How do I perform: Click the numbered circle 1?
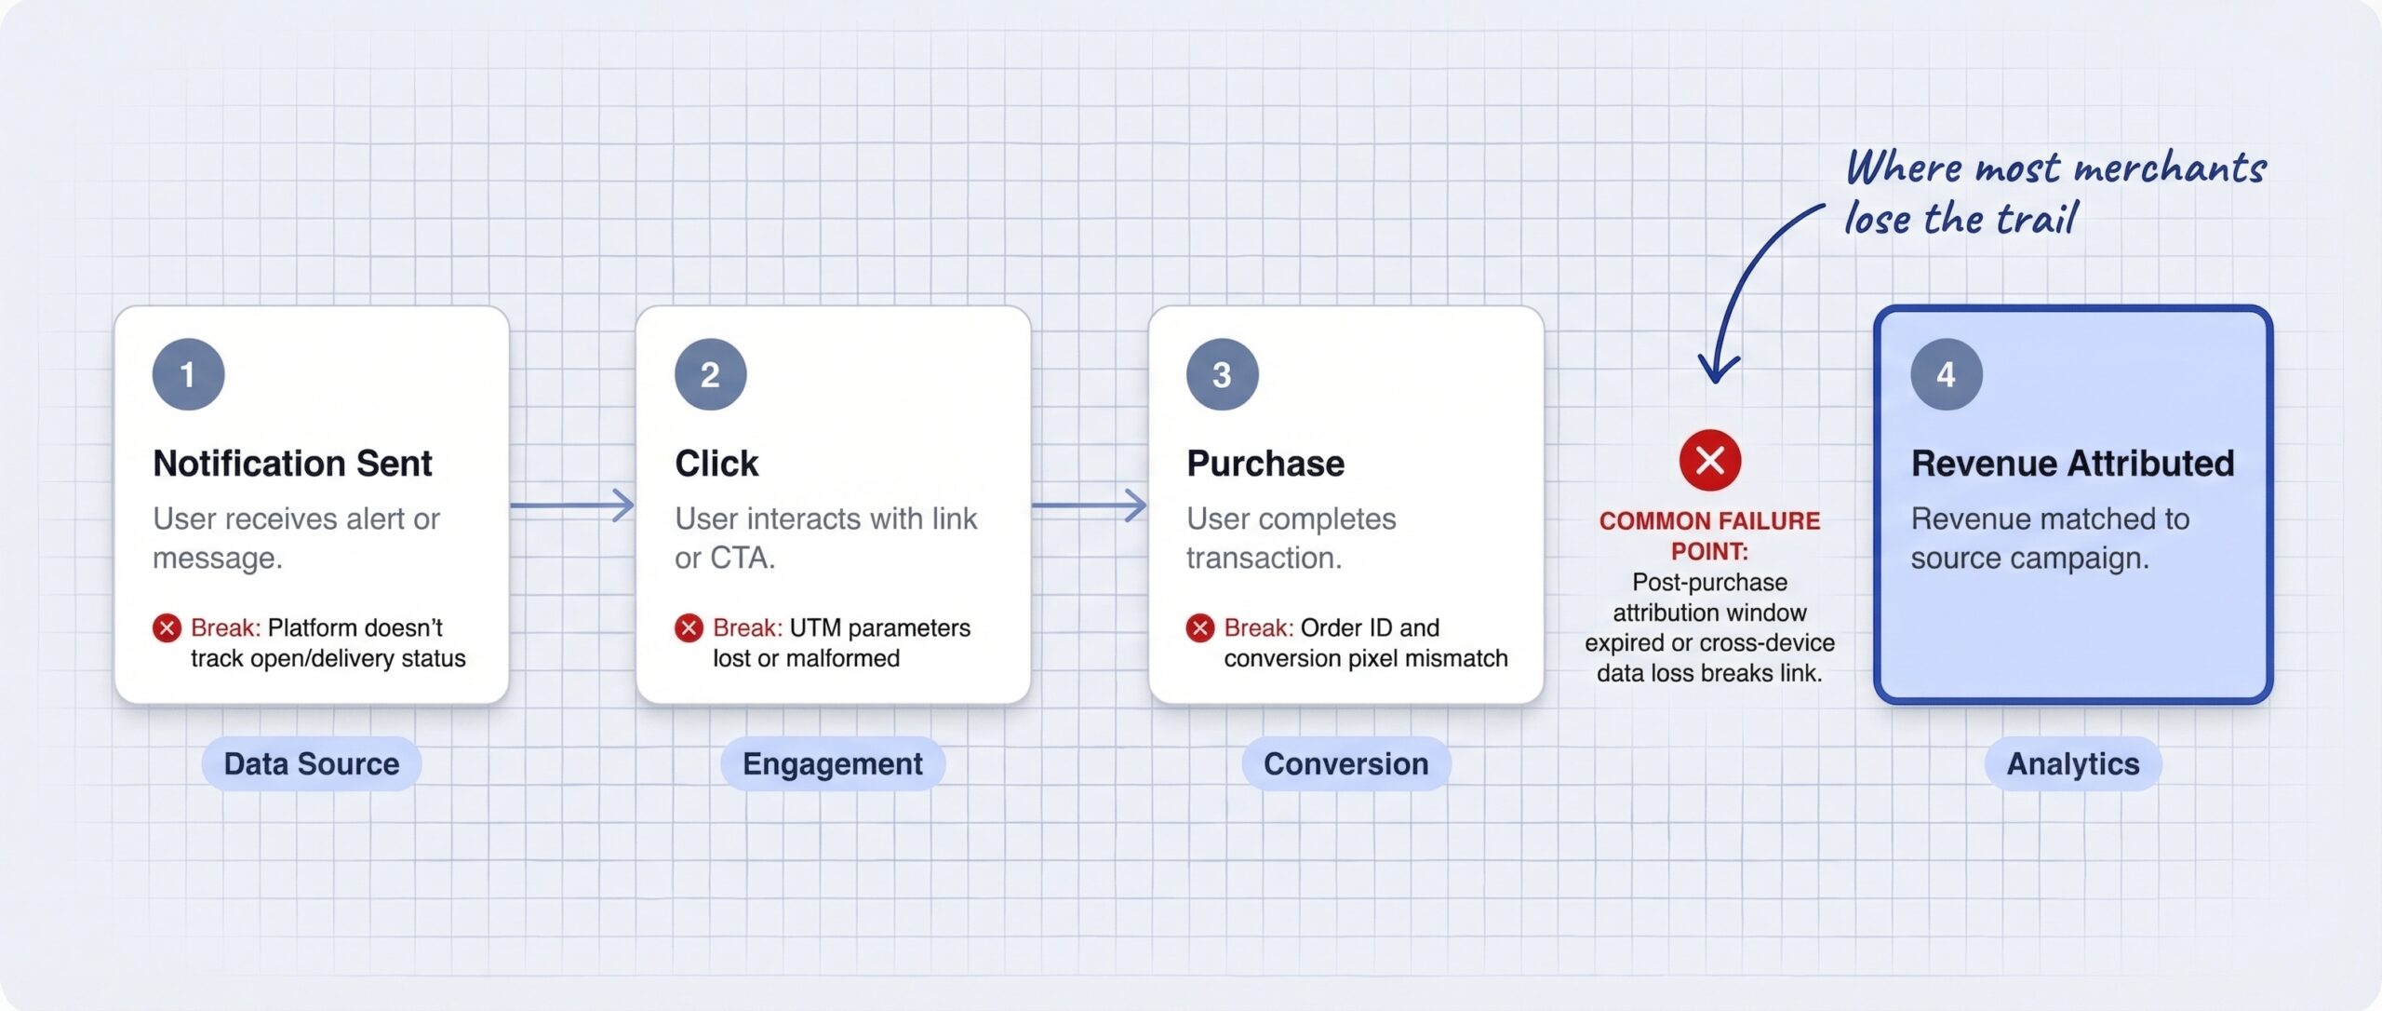click(188, 374)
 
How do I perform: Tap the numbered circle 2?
click(710, 374)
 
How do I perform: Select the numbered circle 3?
click(1222, 374)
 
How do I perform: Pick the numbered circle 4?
click(1946, 374)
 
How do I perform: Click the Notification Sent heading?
click(292, 463)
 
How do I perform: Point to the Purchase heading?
click(1265, 463)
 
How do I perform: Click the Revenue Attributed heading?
click(2072, 463)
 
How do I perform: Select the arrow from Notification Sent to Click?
click(572, 505)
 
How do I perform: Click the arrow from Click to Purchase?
click(1090, 505)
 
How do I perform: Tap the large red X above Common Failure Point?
click(1709, 460)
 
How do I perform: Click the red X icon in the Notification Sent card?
click(167, 628)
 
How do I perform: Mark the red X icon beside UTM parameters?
click(689, 628)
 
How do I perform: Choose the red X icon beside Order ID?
click(1200, 628)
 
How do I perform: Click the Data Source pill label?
click(312, 763)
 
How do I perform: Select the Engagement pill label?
click(833, 763)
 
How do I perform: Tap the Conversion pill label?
click(1345, 763)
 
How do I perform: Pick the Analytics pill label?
click(2073, 763)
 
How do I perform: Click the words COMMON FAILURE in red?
click(1709, 520)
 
